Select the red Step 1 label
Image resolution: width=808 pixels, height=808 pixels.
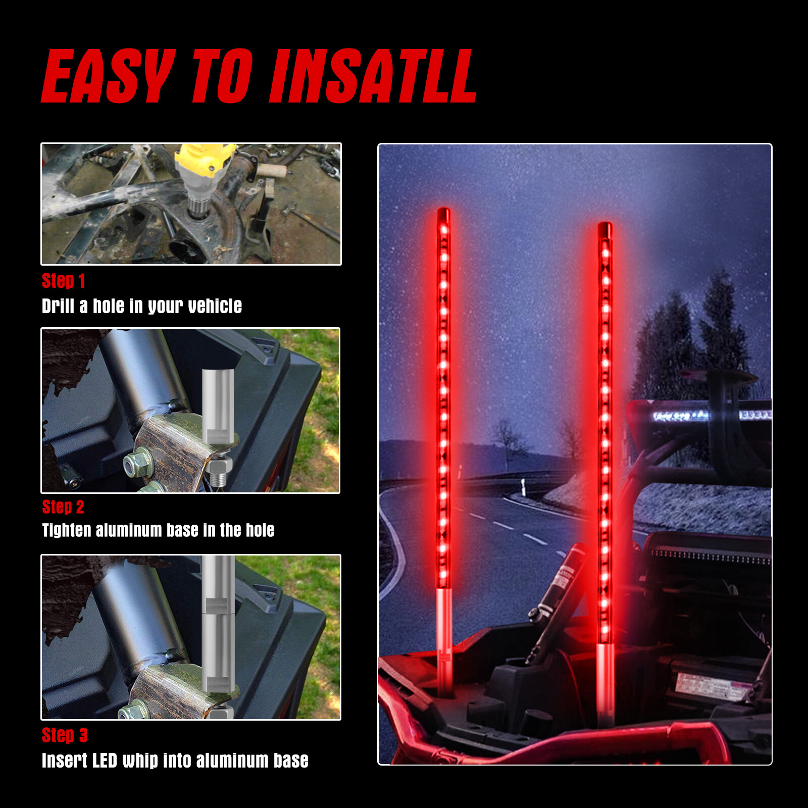click(x=64, y=281)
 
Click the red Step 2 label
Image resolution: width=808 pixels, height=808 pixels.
click(x=63, y=507)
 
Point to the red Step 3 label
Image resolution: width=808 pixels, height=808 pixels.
click(x=65, y=735)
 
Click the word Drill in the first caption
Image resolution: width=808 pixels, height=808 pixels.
click(x=58, y=306)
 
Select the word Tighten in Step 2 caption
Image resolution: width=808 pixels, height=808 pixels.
click(x=67, y=530)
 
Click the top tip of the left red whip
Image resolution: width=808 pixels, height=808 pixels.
click(x=443, y=209)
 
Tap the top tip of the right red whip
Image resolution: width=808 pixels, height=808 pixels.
click(x=604, y=223)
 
